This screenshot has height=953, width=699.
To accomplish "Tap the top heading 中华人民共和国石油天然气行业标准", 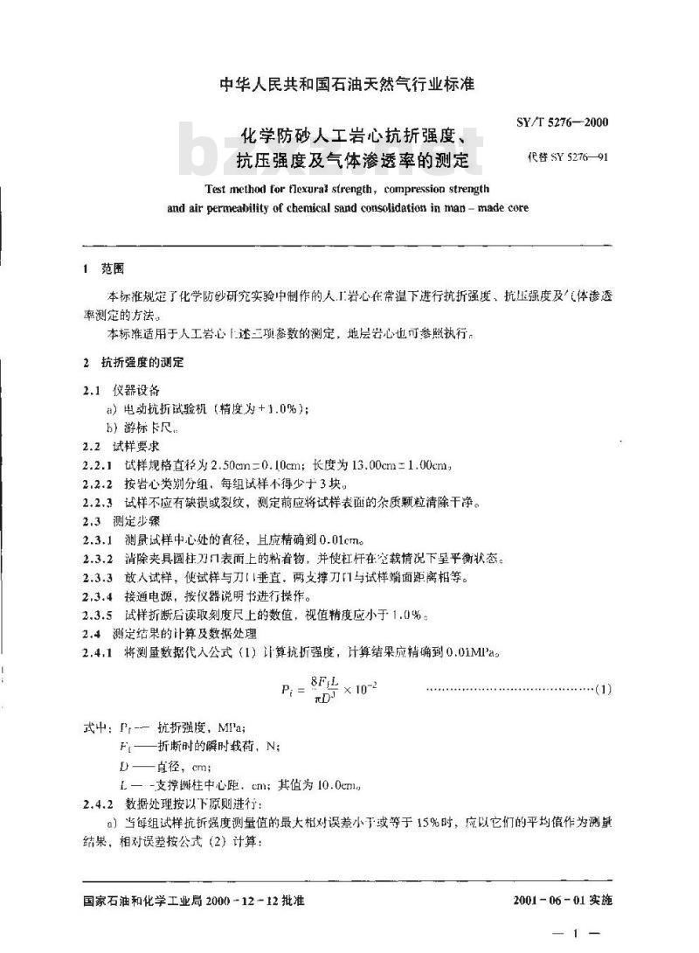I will click(x=349, y=85).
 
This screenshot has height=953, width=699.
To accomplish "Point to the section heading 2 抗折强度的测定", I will click(x=132, y=362).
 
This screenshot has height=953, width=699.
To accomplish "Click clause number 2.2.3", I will click(x=97, y=503).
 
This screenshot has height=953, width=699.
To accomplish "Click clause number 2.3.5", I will click(x=97, y=615).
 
